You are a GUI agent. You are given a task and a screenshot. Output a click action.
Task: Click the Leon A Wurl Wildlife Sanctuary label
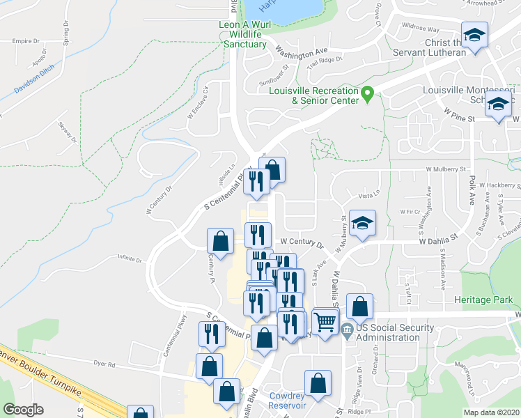239,34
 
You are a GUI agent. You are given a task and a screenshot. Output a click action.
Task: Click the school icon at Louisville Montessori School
498,105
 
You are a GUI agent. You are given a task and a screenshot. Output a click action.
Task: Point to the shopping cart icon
325,322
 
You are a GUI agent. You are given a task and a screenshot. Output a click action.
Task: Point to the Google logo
22,410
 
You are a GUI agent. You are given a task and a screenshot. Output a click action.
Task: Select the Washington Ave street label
301,51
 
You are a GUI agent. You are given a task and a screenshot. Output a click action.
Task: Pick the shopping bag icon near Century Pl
221,242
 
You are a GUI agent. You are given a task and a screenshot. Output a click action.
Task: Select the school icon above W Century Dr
362,223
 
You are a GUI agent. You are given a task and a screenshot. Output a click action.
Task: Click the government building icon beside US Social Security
347,333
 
